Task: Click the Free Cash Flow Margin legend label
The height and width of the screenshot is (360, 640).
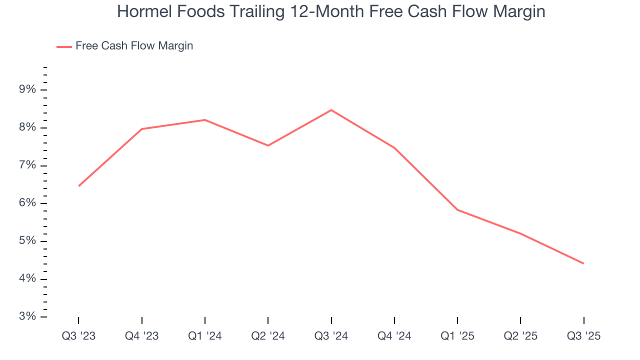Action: click(134, 46)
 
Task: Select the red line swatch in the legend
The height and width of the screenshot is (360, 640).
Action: click(64, 46)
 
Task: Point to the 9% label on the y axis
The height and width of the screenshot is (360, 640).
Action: click(27, 89)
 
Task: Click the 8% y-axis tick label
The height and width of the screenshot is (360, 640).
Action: click(27, 127)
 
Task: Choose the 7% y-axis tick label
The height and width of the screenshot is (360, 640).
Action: click(27, 165)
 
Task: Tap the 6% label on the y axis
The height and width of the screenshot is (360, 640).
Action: click(27, 203)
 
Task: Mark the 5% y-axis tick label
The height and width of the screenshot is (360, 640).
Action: click(27, 241)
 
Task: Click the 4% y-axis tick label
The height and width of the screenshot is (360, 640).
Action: click(27, 279)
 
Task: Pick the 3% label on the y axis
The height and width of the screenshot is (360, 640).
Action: click(27, 316)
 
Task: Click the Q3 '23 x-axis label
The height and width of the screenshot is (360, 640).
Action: click(78, 336)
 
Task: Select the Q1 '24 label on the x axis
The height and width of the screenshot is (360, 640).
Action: click(205, 336)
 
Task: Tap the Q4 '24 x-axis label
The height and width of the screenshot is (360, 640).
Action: click(394, 336)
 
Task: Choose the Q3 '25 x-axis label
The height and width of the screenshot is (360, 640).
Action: click(583, 336)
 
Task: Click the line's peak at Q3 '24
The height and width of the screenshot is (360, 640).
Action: click(331, 110)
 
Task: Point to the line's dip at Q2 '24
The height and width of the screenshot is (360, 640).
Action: click(268, 145)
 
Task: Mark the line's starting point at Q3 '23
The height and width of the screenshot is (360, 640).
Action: click(79, 186)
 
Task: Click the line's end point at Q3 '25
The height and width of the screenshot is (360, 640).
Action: click(583, 263)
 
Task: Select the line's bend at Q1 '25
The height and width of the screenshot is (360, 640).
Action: click(457, 209)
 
